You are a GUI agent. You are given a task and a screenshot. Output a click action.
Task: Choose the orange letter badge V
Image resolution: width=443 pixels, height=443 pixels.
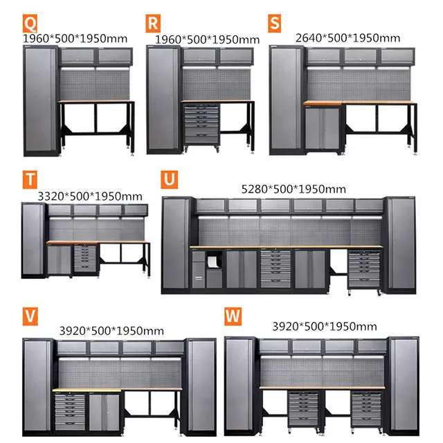pyautogui.click(x=30, y=315)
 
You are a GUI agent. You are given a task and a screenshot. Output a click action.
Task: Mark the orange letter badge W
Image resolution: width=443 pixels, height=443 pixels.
pyautogui.click(x=233, y=315)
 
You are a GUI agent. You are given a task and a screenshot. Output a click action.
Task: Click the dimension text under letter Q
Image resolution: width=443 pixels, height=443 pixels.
pyautogui.click(x=76, y=39)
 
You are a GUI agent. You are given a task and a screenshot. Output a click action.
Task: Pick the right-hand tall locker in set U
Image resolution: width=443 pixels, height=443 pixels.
pyautogui.click(x=402, y=242)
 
